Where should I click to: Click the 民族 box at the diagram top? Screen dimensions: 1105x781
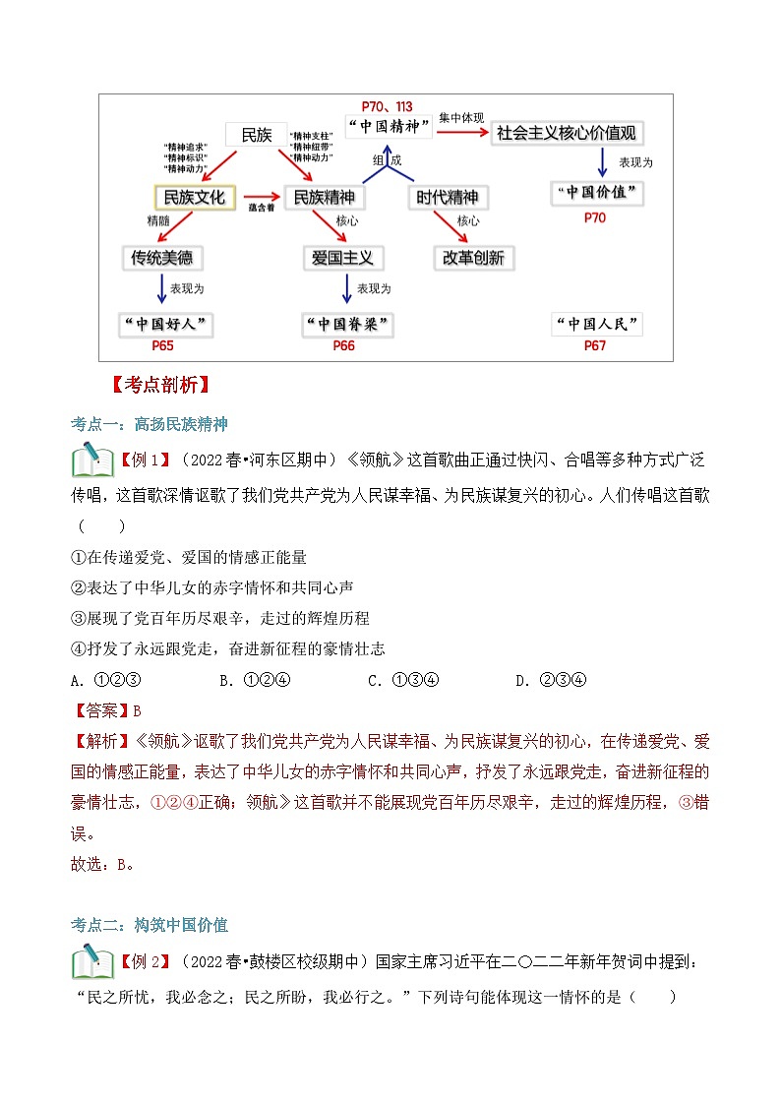pos(256,135)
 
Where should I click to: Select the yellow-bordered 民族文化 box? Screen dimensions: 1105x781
pos(195,197)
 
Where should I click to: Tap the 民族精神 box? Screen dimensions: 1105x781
pos(325,197)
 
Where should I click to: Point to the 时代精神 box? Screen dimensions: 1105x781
pos(447,197)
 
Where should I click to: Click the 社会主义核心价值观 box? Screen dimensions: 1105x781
pos(567,133)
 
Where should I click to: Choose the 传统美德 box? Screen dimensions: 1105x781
pos(162,258)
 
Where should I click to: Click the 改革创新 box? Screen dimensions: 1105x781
pos(473,258)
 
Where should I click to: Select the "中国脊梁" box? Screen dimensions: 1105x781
pos(347,324)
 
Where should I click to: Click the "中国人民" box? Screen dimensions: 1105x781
pos(596,324)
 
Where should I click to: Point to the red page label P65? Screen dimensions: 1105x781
pos(163,346)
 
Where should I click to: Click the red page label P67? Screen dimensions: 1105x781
pos(595,346)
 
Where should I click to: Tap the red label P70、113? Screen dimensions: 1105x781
pos(387,106)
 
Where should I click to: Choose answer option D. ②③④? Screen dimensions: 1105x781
pos(551,680)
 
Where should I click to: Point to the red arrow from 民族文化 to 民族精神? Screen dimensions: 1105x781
pos(260,197)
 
